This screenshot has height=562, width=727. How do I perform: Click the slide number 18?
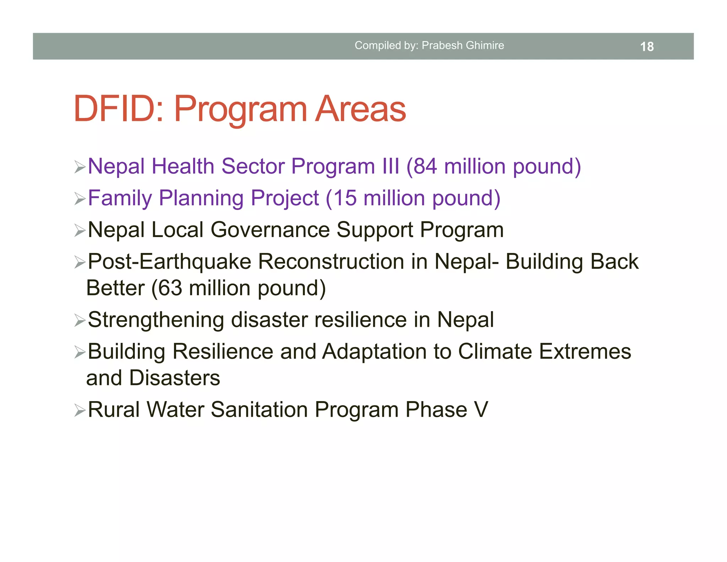coord(647,47)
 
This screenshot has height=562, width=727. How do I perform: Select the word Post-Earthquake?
coord(169,262)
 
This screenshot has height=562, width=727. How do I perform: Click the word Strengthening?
coord(156,320)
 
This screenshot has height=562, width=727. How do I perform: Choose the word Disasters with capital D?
coord(174,378)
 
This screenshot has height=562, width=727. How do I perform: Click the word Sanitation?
coord(259,410)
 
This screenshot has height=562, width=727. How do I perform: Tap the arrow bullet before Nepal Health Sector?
coord(80,167)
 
